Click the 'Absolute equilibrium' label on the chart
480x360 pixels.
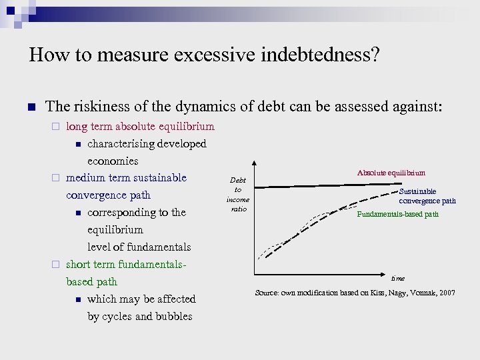click(391, 173)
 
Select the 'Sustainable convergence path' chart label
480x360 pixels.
click(427, 196)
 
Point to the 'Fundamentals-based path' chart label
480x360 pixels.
click(398, 214)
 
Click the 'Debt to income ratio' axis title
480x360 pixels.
click(238, 195)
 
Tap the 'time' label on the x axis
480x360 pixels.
click(398, 278)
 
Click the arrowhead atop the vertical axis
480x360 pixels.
click(254, 163)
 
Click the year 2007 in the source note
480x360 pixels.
click(447, 293)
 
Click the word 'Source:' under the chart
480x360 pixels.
click(269, 293)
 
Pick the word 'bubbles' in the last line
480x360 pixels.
click(174, 316)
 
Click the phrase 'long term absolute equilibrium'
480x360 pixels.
click(141, 126)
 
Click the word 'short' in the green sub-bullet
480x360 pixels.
click(79, 264)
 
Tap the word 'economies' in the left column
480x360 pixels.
click(113, 161)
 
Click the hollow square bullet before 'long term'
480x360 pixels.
click(57, 127)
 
